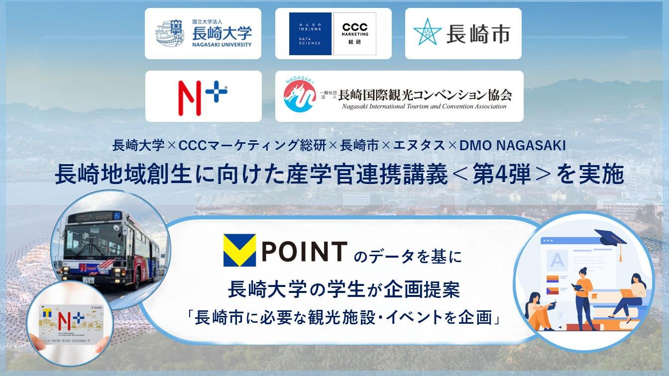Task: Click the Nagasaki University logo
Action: [x=203, y=34]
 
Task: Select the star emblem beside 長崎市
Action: [x=427, y=33]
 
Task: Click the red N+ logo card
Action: [x=203, y=96]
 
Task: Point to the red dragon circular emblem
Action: [x=300, y=96]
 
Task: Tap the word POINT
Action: [x=304, y=251]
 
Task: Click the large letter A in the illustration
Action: [x=557, y=259]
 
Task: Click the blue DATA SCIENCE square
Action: [x=310, y=34]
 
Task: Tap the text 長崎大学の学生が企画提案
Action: [x=343, y=290]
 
